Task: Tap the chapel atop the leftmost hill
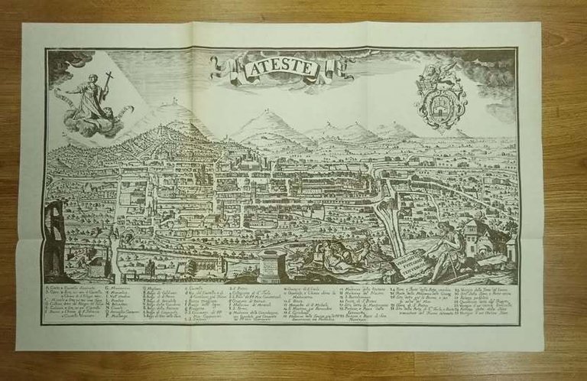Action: click(174, 100)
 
